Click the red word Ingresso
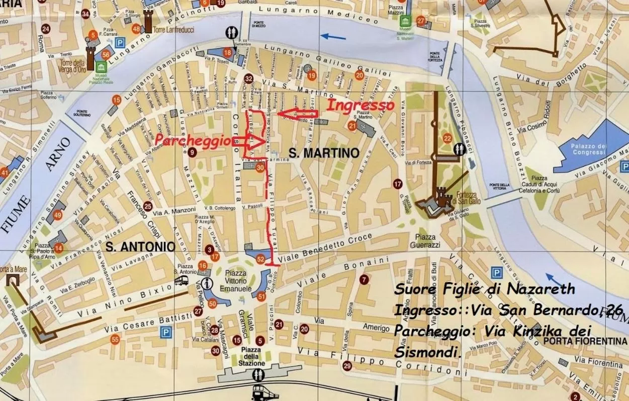[361, 105]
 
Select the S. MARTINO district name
[324, 153]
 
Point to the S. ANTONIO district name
[140, 246]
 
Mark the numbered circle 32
[248, 78]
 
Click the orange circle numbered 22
[447, 139]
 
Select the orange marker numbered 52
[260, 259]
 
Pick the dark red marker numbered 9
[192, 153]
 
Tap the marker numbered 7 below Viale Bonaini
[364, 279]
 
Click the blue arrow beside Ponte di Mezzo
[333, 36]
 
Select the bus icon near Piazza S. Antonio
[181, 282]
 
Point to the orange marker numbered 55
[115, 340]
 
